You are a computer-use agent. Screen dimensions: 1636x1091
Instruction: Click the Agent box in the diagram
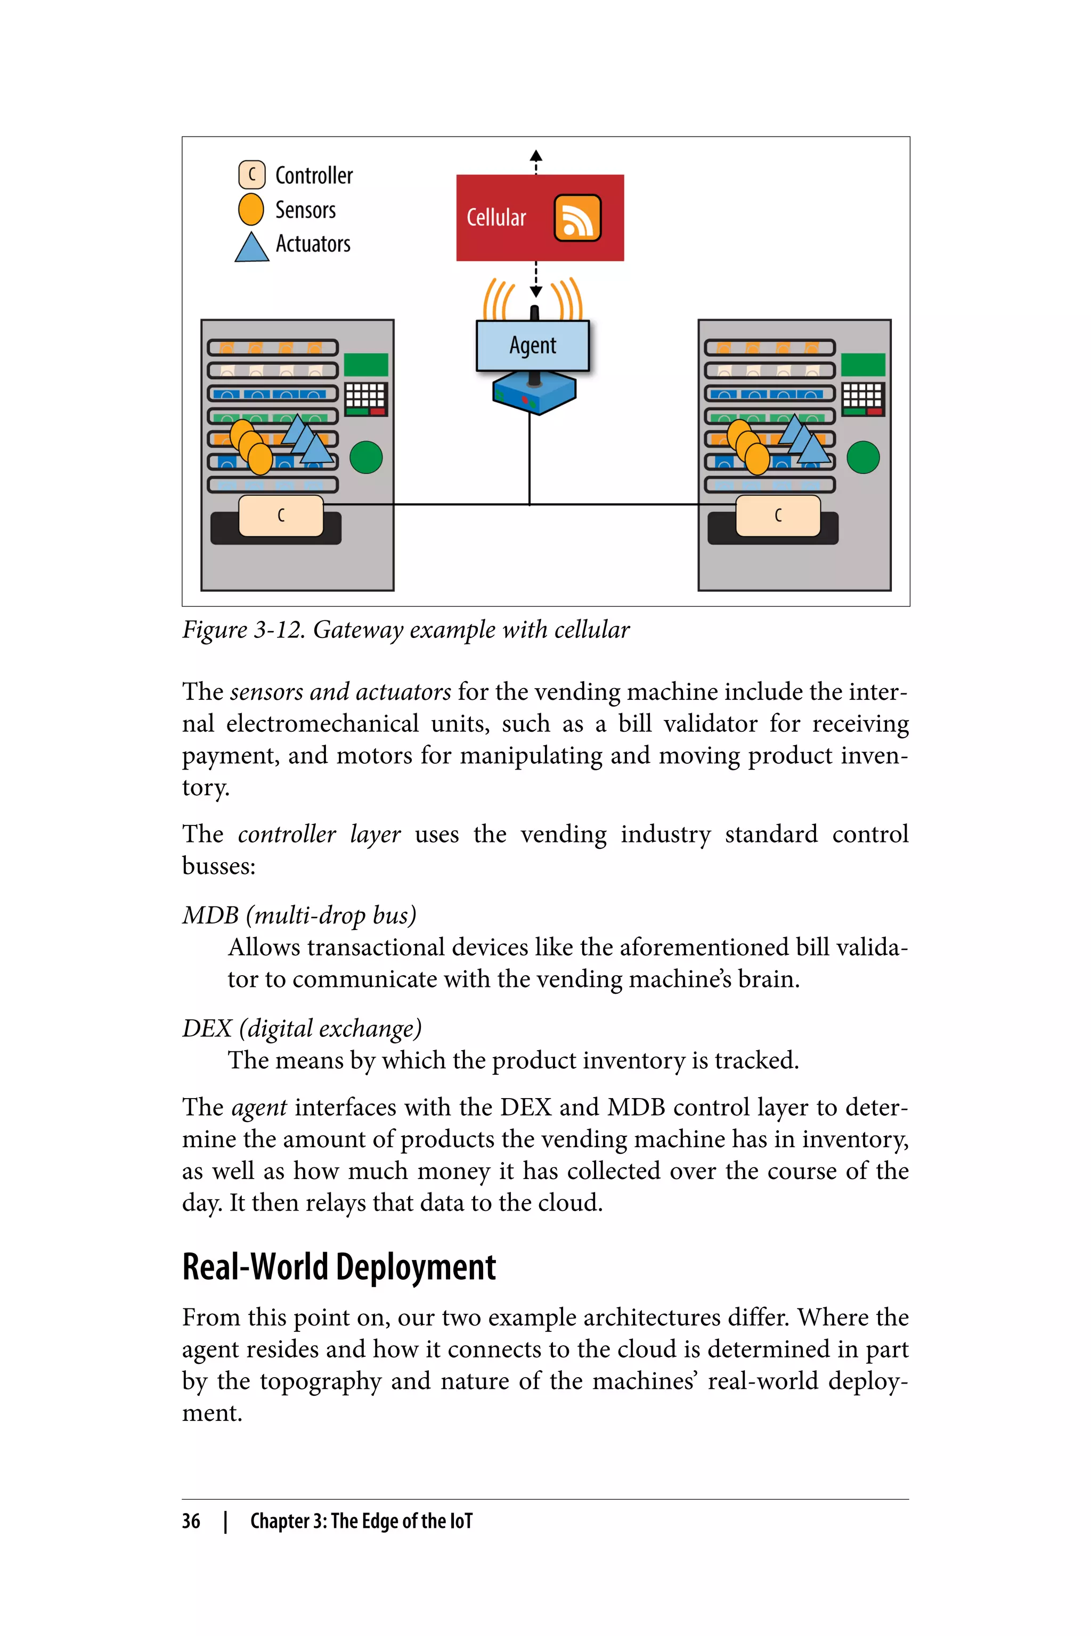click(x=532, y=346)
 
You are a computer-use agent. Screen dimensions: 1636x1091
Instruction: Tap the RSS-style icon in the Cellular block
click(x=577, y=218)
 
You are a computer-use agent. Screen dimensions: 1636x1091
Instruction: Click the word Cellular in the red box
click(x=496, y=218)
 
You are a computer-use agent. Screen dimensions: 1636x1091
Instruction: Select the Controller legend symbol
click(x=251, y=175)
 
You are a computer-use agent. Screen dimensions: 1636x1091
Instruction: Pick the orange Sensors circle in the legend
click(x=251, y=209)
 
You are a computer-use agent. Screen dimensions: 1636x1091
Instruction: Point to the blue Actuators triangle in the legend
click(x=251, y=248)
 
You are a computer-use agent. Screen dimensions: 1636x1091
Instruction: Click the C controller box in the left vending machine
click(x=281, y=516)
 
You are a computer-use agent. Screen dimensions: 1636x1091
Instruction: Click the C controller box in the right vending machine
click(x=778, y=516)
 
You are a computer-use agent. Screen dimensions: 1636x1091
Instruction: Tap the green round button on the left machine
click(x=366, y=457)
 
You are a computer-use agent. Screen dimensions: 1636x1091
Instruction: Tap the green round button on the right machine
click(x=863, y=457)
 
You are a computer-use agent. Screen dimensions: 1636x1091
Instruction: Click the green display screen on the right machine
click(x=863, y=364)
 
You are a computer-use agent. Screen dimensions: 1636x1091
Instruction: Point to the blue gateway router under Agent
click(x=534, y=394)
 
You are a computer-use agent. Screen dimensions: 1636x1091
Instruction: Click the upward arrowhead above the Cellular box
click(x=536, y=156)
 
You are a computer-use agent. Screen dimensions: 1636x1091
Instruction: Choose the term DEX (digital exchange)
click(x=302, y=1028)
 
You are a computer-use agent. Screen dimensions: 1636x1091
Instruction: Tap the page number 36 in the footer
click(x=191, y=1521)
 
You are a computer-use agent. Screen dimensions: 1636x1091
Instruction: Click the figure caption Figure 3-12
click(x=405, y=629)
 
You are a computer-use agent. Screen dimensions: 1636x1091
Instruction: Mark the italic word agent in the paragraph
click(x=259, y=1107)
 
